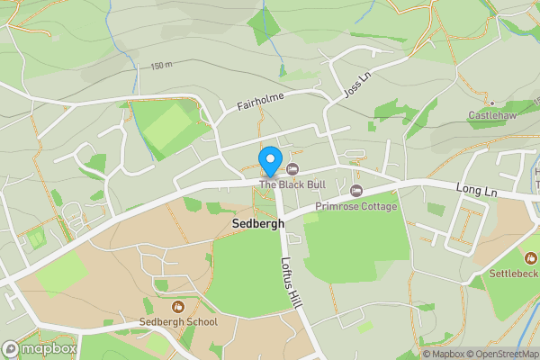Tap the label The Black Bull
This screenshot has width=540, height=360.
(292, 184)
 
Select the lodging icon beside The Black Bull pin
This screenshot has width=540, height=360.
(292, 169)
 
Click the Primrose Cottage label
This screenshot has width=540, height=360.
(355, 206)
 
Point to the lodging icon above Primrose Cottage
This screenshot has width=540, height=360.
(356, 191)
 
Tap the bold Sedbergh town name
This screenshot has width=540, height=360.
(258, 223)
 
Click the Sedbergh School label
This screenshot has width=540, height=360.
(178, 321)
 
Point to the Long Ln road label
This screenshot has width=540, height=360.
(476, 189)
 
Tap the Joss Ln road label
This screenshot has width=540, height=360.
(356, 86)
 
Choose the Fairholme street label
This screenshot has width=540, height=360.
(260, 101)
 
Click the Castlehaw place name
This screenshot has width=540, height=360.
(491, 116)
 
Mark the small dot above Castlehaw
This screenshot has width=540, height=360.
(491, 103)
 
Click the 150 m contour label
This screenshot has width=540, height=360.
(161, 66)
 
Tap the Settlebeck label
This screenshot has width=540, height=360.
(513, 273)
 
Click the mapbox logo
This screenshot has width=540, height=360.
(40, 348)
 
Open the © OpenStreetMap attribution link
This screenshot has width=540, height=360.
(500, 354)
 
